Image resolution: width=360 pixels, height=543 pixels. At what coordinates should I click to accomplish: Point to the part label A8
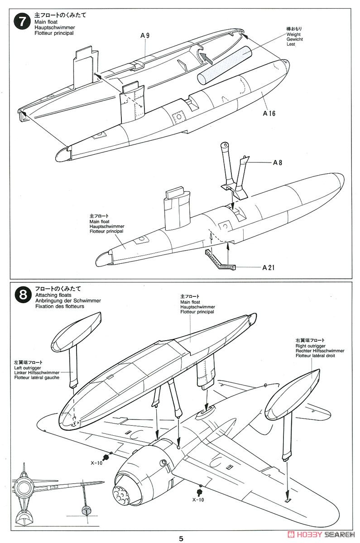(x=278, y=162)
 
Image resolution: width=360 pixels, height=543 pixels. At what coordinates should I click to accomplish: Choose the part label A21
(x=269, y=267)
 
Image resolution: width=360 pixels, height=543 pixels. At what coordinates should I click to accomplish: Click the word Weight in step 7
(x=293, y=34)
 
